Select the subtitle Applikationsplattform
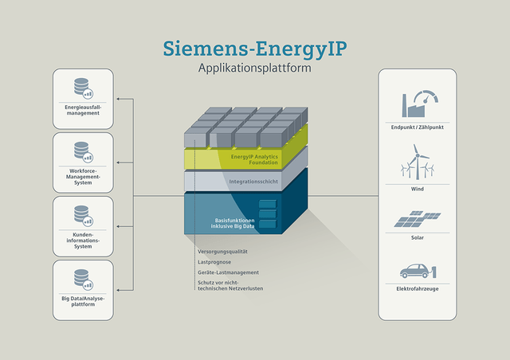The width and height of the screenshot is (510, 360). pos(254,68)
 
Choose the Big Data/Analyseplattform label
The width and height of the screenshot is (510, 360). pos(83,301)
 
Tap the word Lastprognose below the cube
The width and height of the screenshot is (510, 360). pos(214,260)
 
